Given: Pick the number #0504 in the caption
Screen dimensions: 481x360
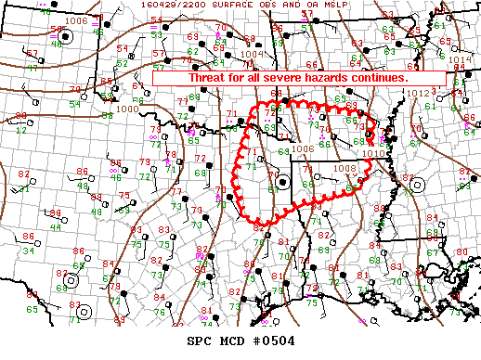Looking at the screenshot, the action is click(273, 341).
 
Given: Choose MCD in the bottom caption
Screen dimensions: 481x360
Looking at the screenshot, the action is click(229, 341).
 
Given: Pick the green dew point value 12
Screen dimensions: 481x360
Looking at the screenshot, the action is click(20, 129).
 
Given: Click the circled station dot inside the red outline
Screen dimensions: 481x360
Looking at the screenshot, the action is click(281, 182).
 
